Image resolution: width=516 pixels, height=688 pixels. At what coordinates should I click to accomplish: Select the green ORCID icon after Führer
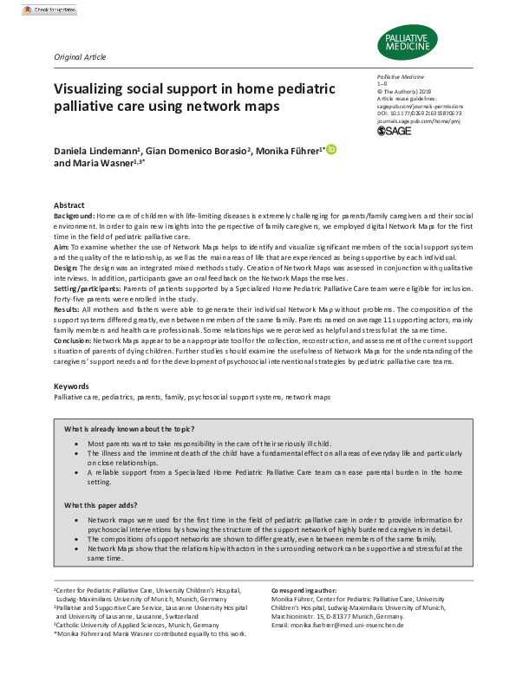pos(331,150)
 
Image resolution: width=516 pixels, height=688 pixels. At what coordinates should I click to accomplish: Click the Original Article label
pos(80,57)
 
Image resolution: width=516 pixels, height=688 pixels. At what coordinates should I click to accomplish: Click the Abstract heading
pos(69,204)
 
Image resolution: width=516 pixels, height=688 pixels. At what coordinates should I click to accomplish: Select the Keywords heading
pos(71,385)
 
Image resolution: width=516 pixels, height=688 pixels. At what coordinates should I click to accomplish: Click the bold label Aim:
pos(61,247)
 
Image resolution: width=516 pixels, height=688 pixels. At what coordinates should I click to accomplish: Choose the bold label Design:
pos(67,269)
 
